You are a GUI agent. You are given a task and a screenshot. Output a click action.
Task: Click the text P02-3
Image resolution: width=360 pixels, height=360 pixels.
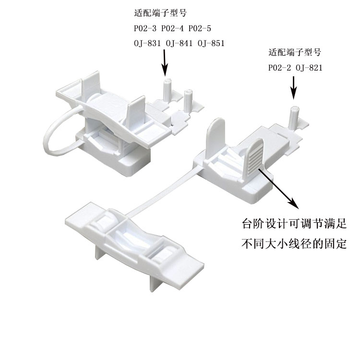click(145, 28)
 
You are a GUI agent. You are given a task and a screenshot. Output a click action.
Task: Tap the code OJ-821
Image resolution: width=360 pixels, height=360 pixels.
click(309, 68)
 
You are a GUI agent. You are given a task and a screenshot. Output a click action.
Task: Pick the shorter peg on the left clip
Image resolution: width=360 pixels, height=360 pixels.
click(187, 97)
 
